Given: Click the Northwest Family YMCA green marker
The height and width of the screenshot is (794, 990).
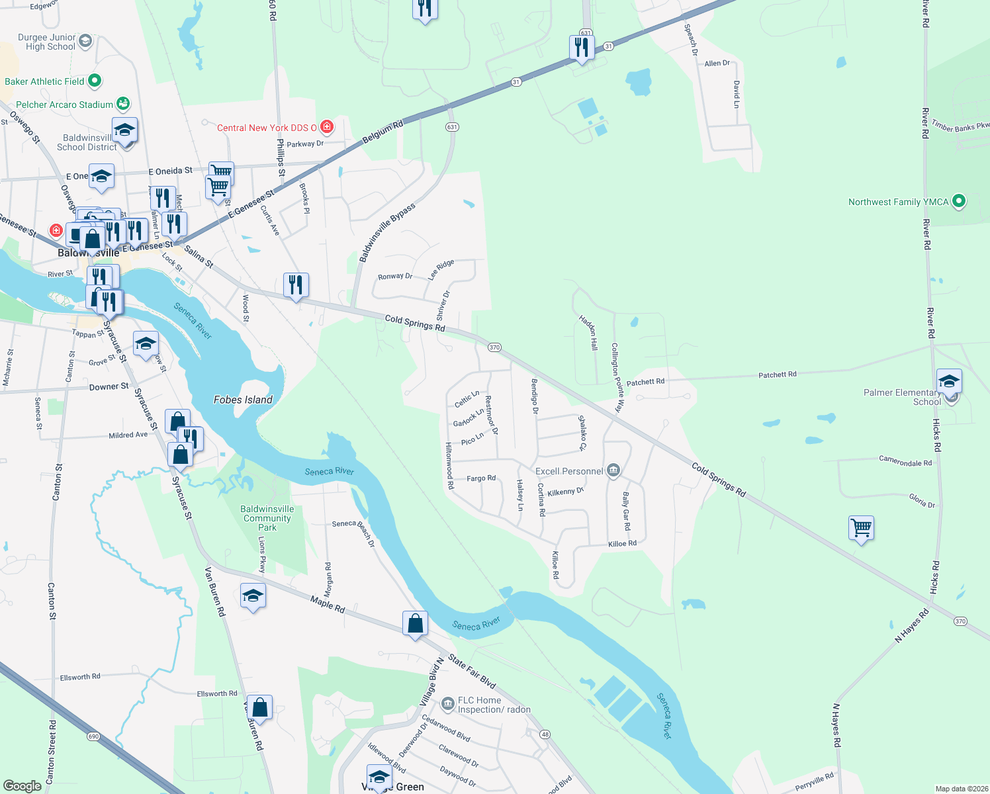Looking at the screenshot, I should [x=958, y=202].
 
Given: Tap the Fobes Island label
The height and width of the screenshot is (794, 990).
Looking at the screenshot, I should [x=243, y=400].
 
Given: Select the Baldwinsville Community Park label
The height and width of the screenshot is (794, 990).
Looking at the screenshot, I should [x=267, y=518].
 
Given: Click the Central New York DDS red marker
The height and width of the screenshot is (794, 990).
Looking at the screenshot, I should [x=326, y=126].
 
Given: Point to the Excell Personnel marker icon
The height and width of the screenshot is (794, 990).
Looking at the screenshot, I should [x=613, y=470].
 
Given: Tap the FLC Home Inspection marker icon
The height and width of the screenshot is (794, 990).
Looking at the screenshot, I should [x=448, y=702].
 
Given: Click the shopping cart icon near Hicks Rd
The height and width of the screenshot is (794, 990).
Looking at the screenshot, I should [x=861, y=529].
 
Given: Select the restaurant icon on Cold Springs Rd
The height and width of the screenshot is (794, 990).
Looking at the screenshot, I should [x=296, y=285].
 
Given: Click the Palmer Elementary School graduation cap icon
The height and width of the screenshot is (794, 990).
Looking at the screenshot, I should [x=948, y=381].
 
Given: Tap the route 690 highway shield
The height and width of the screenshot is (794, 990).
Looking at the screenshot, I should [x=93, y=736].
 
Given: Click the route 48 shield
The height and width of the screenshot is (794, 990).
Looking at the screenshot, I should [x=545, y=734].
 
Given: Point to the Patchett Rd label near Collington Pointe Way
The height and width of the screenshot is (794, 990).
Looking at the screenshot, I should [x=645, y=382].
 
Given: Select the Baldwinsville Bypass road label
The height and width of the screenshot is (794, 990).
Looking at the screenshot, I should [x=387, y=232].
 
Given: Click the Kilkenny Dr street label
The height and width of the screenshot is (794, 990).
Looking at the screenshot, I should [x=565, y=492].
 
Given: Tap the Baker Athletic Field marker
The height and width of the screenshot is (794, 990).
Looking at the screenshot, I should [x=95, y=81].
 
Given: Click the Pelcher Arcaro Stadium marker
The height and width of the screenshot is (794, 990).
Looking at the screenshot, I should [x=122, y=104].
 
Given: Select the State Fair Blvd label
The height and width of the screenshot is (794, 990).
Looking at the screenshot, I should [x=471, y=671].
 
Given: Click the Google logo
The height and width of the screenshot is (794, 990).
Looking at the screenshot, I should [x=22, y=786].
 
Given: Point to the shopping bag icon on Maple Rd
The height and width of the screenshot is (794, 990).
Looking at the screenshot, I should [x=415, y=623].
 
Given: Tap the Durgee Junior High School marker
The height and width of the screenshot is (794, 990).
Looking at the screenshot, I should [x=85, y=42].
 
